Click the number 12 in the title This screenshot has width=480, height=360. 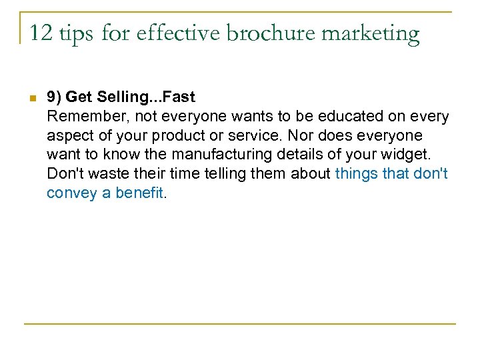point(40,33)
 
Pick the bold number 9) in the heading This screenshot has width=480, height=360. point(55,97)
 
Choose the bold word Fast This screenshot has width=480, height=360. point(179,97)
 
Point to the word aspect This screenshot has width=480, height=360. point(67,137)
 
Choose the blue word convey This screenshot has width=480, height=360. point(67,193)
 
